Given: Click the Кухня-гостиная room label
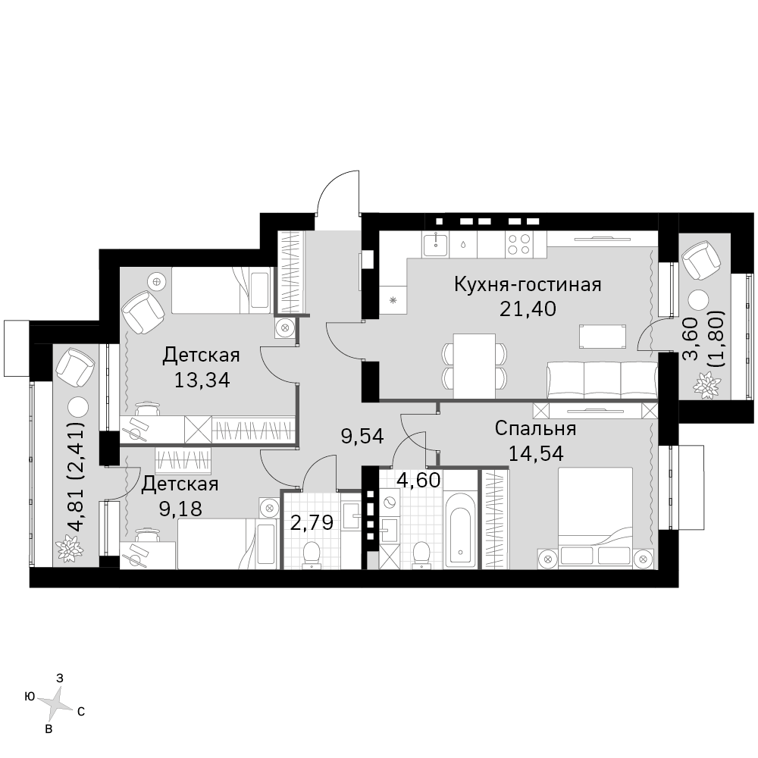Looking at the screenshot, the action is pos(528,285).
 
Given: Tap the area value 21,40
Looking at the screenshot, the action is pos(528,309).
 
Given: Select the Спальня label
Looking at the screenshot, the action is pos(536,428).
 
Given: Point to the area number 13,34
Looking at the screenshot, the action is pos(202,380).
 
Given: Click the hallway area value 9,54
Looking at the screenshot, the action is pos(362,437).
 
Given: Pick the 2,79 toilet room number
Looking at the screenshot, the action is pos(312,522).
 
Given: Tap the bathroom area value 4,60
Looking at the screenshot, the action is pos(418,481).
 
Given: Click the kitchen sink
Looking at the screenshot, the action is pos(436,244).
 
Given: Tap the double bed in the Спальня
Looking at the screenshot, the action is pos(596,516).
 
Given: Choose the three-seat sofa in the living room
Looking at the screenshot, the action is pos(603,381).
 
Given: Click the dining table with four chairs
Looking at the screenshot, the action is pos(475,366).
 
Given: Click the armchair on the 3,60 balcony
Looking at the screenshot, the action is pos(700,261).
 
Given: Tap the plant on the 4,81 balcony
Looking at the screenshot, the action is pos(69,548).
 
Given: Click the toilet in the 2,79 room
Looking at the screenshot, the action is pos(312,555).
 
